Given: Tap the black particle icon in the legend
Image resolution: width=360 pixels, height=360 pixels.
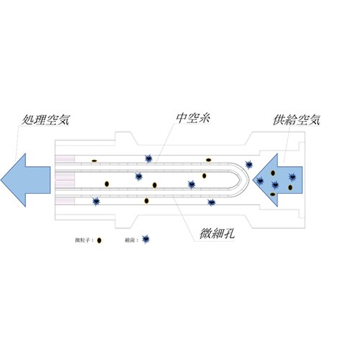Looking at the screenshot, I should (x=99, y=240).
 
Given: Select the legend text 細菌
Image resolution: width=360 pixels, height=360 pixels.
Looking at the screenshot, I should (x=132, y=239).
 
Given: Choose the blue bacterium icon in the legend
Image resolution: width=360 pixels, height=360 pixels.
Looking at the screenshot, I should (x=146, y=239).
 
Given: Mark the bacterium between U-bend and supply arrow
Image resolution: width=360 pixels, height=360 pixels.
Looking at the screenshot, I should (x=249, y=164).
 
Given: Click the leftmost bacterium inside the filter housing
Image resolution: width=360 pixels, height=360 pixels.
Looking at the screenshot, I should (x=95, y=201).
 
